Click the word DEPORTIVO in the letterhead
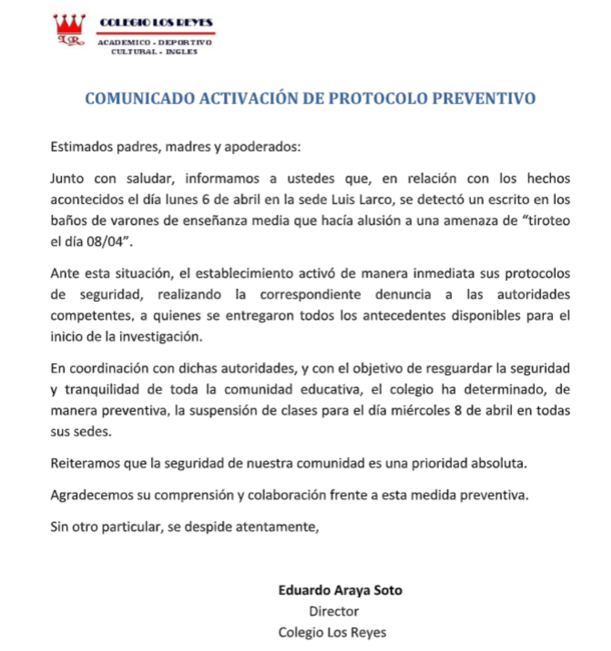point(185,42)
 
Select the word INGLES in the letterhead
point(182,51)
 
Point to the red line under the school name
point(156,33)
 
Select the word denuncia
point(403,295)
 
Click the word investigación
point(161,337)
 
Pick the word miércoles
point(422,410)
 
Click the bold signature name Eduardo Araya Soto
point(340,590)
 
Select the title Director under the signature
point(334,611)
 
